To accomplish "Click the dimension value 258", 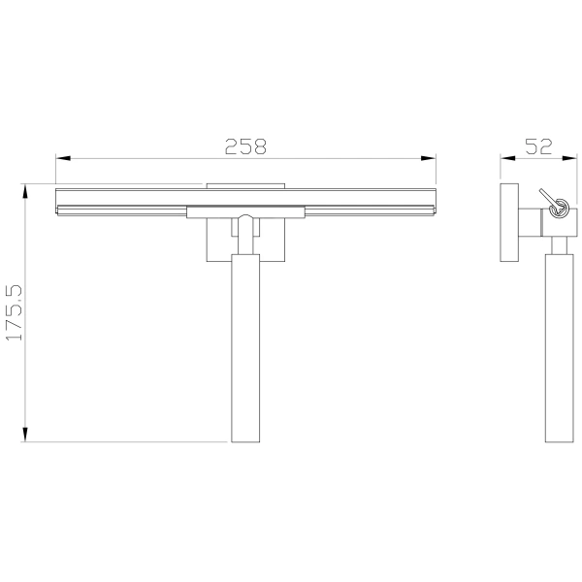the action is coord(245,146).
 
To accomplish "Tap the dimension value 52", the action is coord(538,146).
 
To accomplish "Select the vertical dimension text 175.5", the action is coord(15,312).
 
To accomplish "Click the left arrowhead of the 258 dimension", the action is coord(63,158).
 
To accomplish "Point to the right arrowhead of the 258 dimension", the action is coord(429,158).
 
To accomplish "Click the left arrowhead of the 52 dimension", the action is coord(507,158).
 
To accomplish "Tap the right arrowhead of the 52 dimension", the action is coord(569,158).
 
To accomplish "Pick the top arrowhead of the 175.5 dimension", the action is coord(25,192).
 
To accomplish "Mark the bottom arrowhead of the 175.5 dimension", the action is coord(25,435).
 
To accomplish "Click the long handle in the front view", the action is coord(245,348).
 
